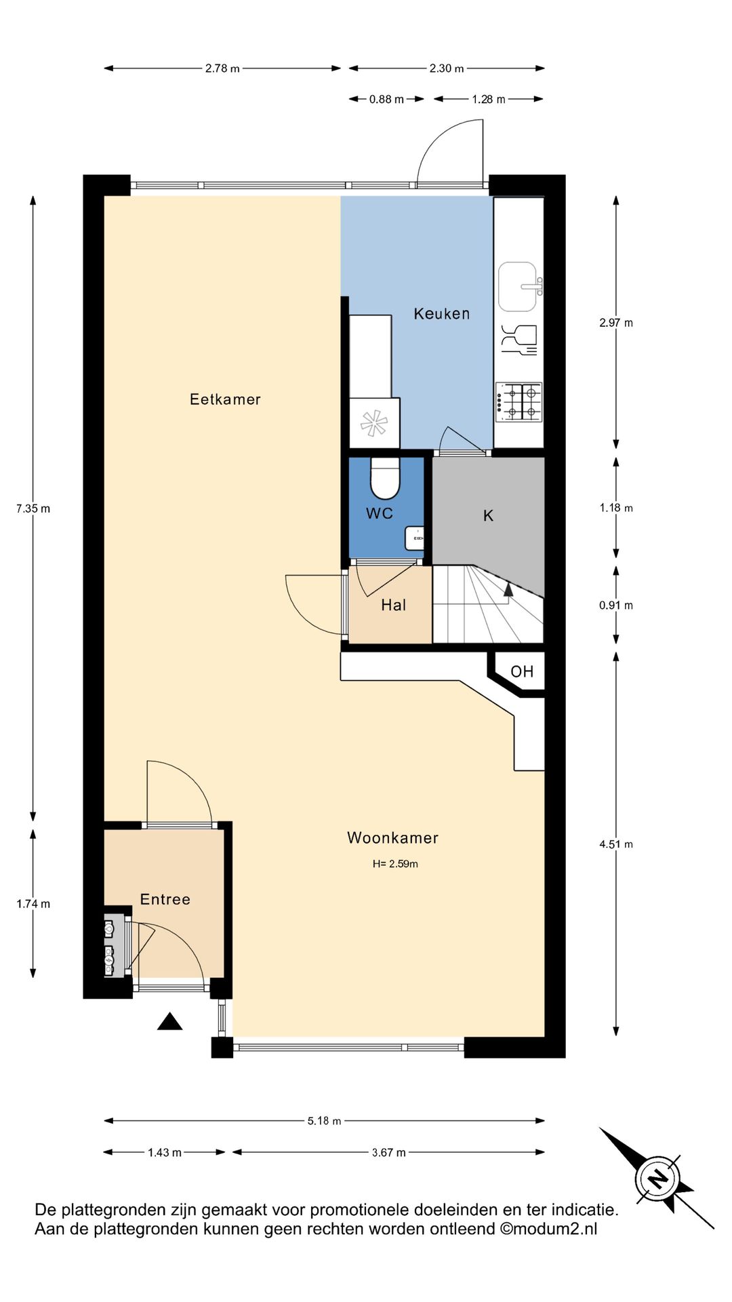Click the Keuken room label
(x=441, y=313)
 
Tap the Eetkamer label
(x=225, y=399)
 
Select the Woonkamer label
(x=392, y=837)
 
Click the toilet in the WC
(x=385, y=478)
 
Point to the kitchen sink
(x=519, y=287)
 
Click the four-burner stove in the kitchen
(x=519, y=401)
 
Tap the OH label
(x=522, y=671)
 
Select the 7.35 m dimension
(x=33, y=509)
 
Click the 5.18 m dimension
(x=324, y=1121)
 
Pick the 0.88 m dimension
(x=386, y=99)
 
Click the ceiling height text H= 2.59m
(x=395, y=864)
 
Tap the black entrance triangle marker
(x=169, y=1021)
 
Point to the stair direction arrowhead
(x=508, y=589)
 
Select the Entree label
(x=165, y=899)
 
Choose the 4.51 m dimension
(x=616, y=844)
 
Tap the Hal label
(x=394, y=605)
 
